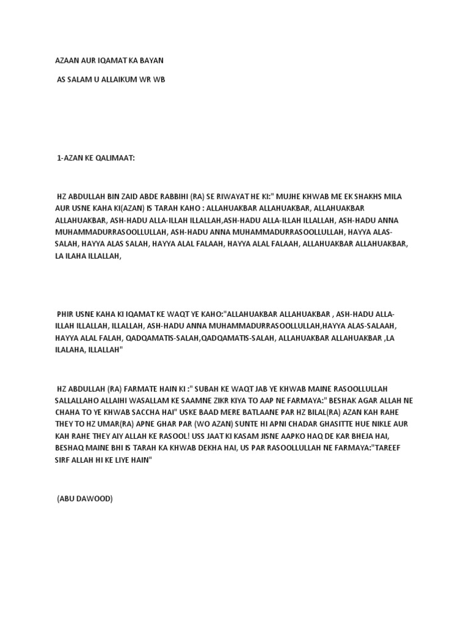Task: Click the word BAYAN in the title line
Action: tap(151, 61)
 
